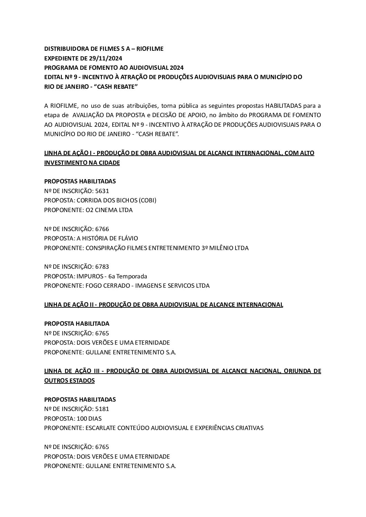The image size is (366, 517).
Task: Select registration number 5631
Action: click(x=102, y=191)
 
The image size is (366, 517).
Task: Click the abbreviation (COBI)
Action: click(x=147, y=200)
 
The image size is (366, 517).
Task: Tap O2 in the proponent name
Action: click(x=89, y=210)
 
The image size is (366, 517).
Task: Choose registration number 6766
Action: click(x=102, y=229)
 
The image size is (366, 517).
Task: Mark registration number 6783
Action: click(x=102, y=267)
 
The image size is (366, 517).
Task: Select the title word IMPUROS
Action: click(x=88, y=276)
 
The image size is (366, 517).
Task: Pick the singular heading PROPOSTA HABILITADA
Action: click(x=77, y=324)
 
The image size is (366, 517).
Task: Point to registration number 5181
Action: click(x=102, y=409)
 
